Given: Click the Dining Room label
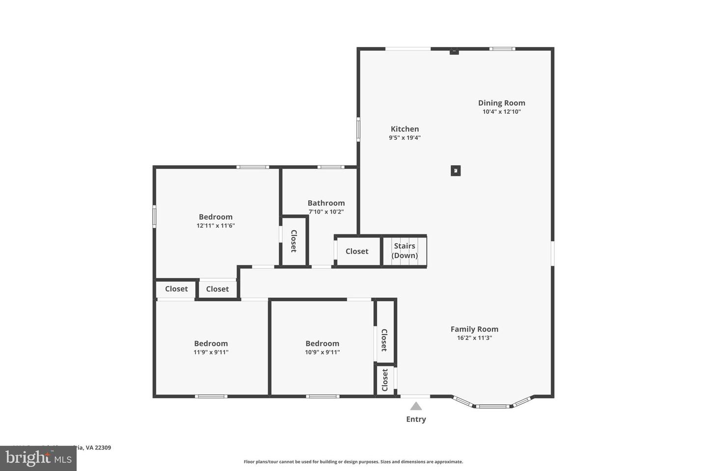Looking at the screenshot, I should point(501,103).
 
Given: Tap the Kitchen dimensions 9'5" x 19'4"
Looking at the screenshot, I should point(405,138).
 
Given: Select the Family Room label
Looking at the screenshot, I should point(474,329).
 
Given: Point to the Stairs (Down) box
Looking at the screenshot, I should point(405,251).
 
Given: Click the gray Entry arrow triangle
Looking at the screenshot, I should point(416,406).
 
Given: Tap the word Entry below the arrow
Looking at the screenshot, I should point(416,419).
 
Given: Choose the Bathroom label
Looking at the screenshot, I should point(326,203).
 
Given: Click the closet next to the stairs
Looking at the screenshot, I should point(357,251).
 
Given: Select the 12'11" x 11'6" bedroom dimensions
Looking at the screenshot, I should point(216,226).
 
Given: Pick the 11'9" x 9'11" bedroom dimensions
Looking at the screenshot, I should point(211,352).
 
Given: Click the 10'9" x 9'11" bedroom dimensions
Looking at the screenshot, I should point(322,352).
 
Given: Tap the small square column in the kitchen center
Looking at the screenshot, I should point(456,171).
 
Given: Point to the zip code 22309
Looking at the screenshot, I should point(103,447).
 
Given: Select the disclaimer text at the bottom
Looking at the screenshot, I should point(353,462).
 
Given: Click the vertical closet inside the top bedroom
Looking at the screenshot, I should point(294,241).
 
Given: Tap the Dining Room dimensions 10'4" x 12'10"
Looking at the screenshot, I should point(501,112).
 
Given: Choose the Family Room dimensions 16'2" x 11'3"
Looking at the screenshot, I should point(474,338).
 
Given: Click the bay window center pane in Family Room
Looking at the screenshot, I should point(492,406).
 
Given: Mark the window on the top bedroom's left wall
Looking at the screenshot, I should point(154,216).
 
